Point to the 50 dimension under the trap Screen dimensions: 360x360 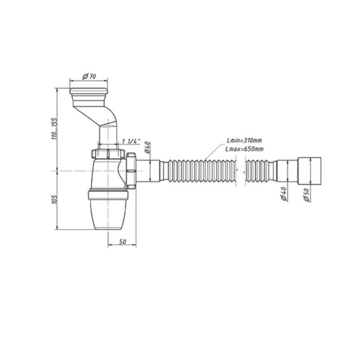[122, 242]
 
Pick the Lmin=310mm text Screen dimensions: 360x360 [245, 140]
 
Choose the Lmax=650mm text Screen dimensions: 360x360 [245, 149]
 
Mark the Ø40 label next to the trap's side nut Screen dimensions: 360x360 [147, 148]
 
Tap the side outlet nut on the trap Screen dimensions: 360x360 [133, 168]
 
